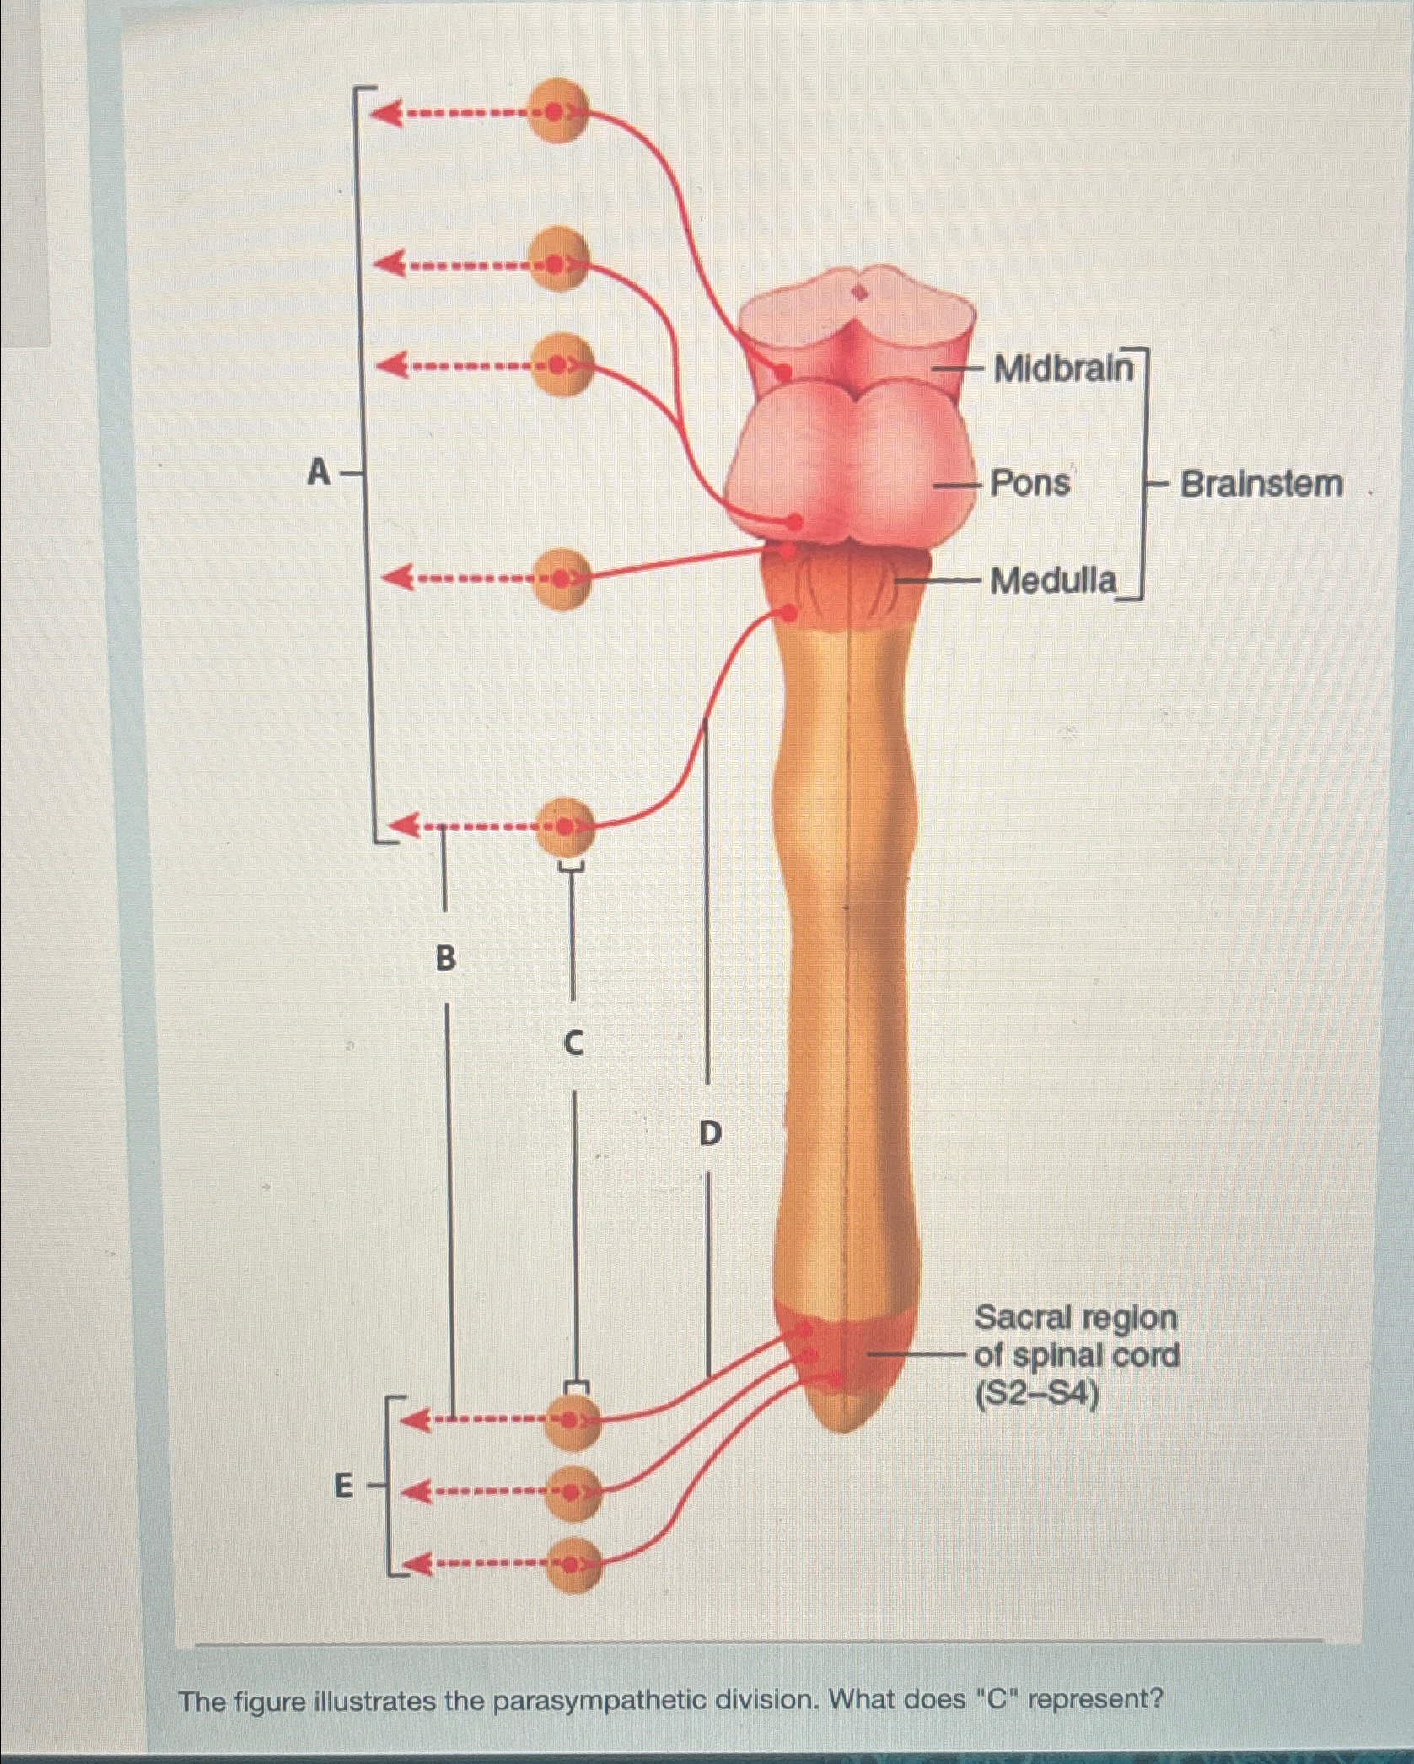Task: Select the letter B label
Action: click(445, 957)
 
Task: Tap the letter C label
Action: click(573, 1045)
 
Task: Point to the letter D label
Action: click(711, 1133)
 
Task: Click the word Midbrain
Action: click(1064, 368)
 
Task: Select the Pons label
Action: click(1030, 484)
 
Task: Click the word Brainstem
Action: click(1261, 484)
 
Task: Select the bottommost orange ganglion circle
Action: click(573, 1565)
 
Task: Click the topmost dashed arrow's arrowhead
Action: click(386, 112)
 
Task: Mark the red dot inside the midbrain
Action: click(783, 370)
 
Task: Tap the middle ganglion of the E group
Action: click(573, 1492)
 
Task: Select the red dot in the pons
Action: click(794, 522)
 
